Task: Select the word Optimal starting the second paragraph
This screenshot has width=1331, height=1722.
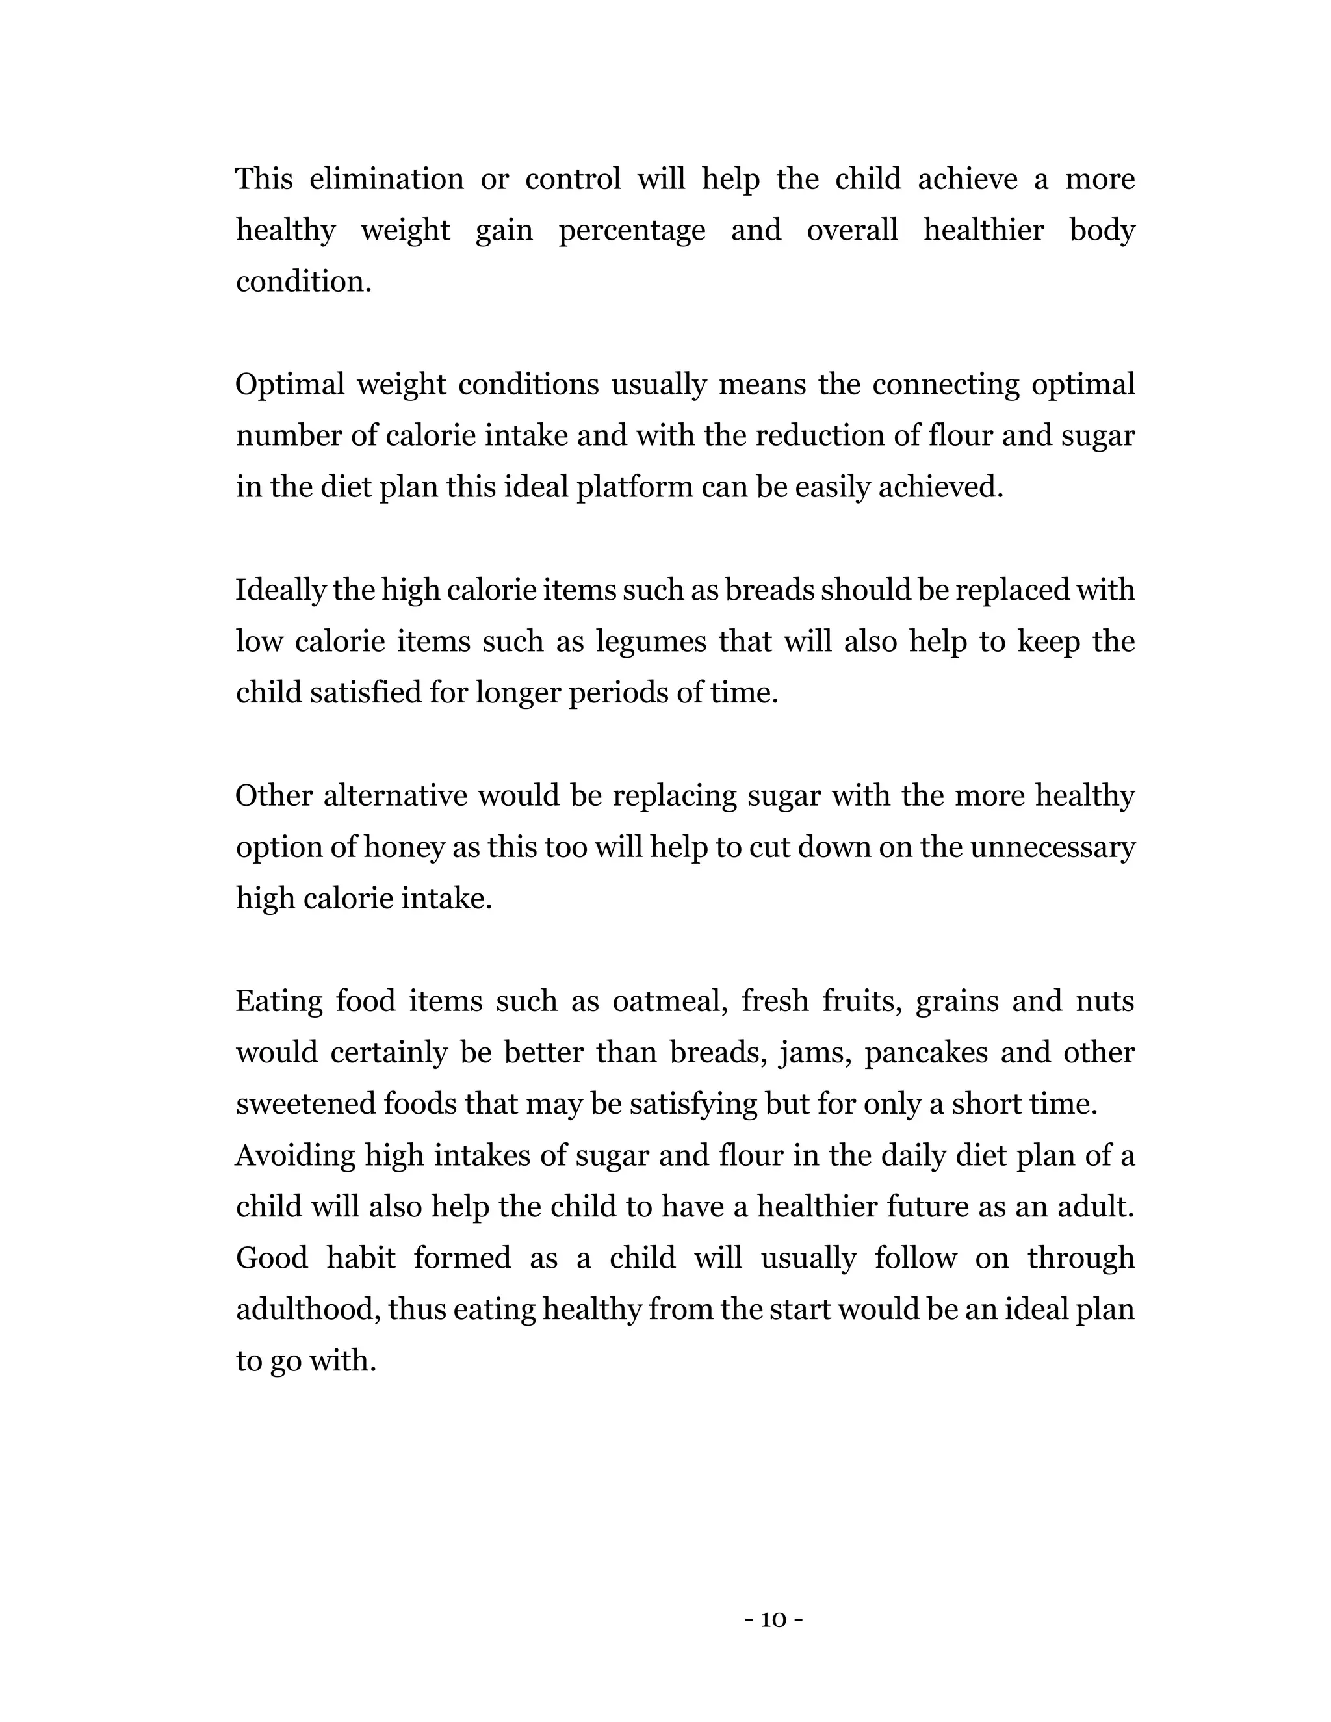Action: tap(289, 385)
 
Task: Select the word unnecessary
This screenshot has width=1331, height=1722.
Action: tap(1052, 847)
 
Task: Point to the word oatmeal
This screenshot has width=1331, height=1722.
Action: tap(669, 1001)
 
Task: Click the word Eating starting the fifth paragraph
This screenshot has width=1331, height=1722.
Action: tap(279, 1001)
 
